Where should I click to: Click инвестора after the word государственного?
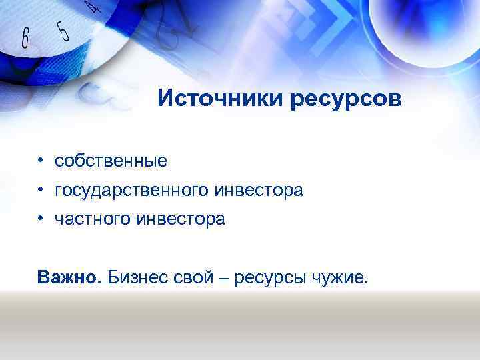tap(259, 191)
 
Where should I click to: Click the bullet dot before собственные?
tap(41, 161)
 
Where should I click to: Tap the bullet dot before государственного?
tap(41, 191)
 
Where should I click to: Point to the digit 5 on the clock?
tap(63, 29)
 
